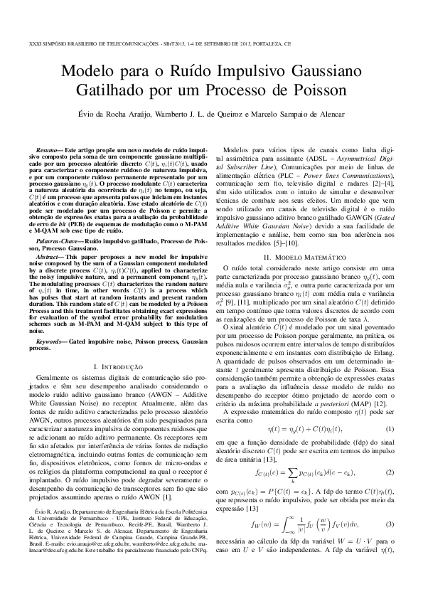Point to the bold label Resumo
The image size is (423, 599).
tap(49, 152)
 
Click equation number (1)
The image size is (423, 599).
tap(389, 429)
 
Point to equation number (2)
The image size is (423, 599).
tap(389, 472)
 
